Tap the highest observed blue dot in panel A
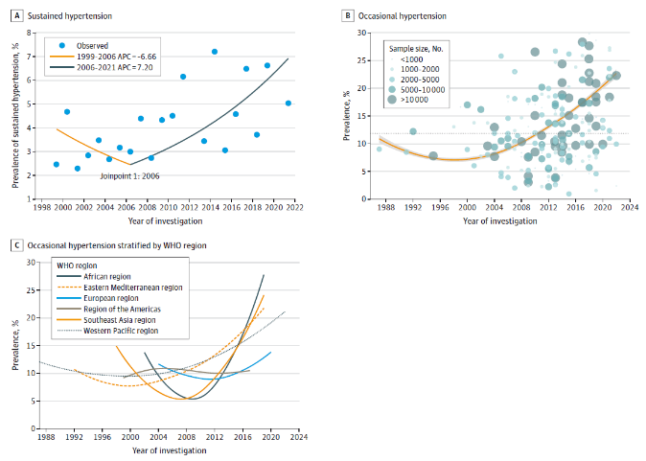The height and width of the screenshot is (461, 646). click(215, 52)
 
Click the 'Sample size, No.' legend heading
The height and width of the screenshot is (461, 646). click(414, 45)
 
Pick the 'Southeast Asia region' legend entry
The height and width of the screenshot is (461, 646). click(122, 319)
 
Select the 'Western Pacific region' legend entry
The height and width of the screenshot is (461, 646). click(122, 330)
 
